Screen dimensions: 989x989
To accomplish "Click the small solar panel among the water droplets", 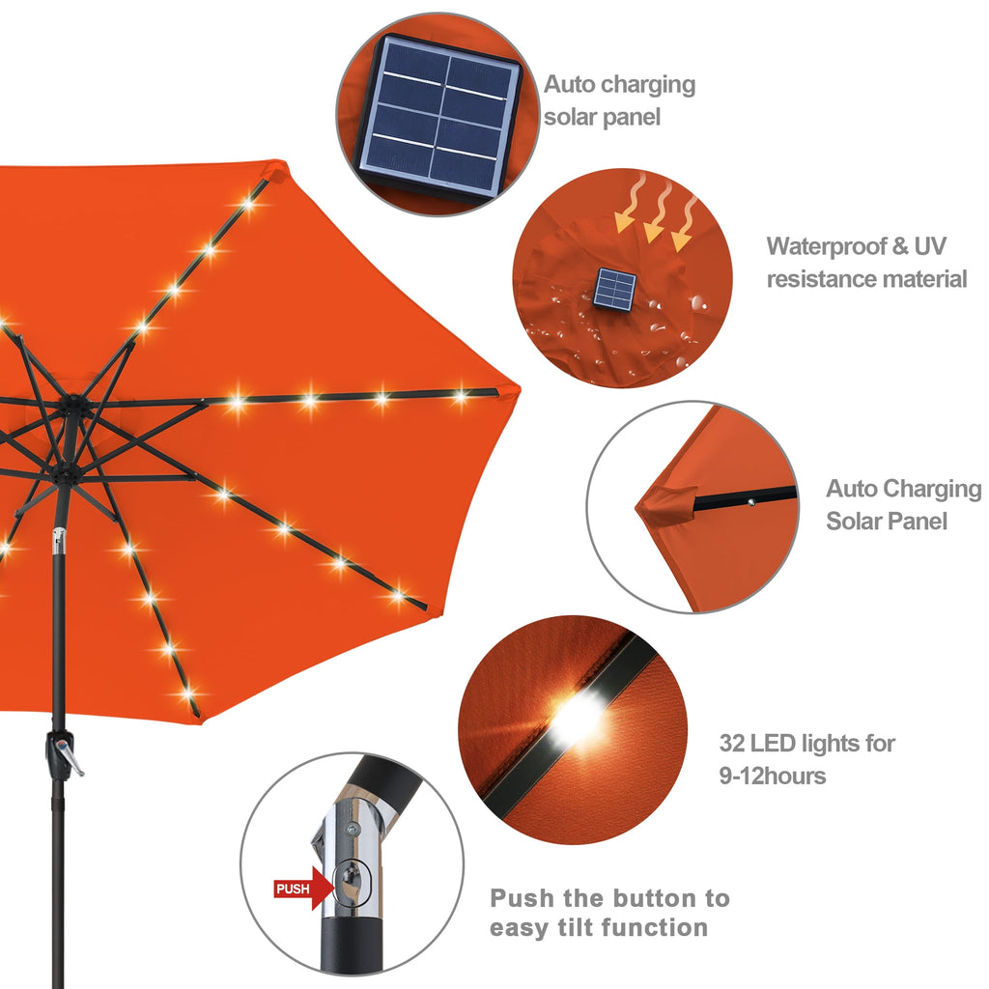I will [x=615, y=289].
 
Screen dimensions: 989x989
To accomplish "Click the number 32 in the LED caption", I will [x=733, y=744].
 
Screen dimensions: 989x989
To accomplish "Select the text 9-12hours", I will [x=773, y=776].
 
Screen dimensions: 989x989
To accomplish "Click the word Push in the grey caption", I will [x=522, y=898].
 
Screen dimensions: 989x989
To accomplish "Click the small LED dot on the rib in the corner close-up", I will [x=749, y=499].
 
